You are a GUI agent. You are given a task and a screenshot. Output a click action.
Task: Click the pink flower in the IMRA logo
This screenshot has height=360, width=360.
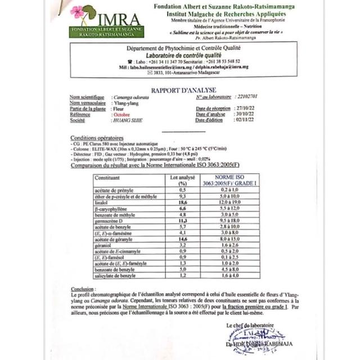click(77, 12)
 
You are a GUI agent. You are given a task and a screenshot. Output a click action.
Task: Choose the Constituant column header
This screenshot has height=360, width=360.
click(107, 178)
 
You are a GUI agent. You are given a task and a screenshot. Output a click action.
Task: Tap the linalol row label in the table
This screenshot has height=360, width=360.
click(102, 202)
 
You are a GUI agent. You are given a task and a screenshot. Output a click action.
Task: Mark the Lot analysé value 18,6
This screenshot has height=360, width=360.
click(182, 202)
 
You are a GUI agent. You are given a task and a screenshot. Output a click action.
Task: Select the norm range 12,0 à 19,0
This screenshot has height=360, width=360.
click(229, 202)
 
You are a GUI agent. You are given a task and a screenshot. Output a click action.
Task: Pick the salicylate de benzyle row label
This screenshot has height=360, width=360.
click(115, 276)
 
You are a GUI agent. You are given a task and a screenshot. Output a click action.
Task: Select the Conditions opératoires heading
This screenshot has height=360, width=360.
click(97, 138)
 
